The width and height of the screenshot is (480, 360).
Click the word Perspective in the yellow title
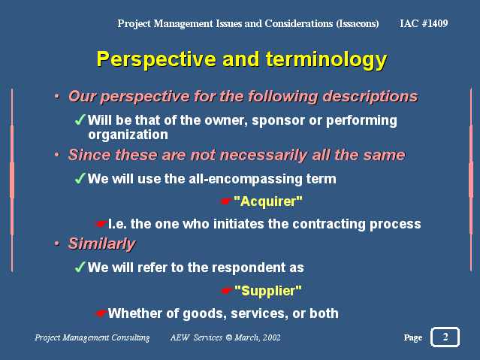(157, 59)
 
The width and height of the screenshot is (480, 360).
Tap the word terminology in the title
(327, 59)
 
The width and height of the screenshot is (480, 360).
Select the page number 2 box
(445, 337)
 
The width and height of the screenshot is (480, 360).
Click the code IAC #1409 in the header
(424, 23)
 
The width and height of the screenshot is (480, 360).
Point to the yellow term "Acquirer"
(268, 201)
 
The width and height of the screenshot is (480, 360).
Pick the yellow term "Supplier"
(268, 290)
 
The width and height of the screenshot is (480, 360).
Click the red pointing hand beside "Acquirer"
(226, 201)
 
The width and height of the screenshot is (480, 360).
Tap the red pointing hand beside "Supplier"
(227, 290)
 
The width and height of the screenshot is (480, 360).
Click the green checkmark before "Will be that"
(80, 119)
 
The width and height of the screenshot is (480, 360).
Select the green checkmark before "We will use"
(80, 178)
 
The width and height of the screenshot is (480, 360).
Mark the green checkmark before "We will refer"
(80, 267)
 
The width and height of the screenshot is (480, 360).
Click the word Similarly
(102, 244)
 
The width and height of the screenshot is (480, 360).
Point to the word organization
(128, 135)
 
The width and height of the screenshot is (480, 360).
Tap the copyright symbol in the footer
(228, 337)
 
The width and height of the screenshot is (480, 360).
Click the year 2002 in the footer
(271, 337)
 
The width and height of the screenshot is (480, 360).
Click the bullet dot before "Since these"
(57, 155)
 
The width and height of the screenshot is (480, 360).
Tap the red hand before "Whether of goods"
(101, 313)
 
